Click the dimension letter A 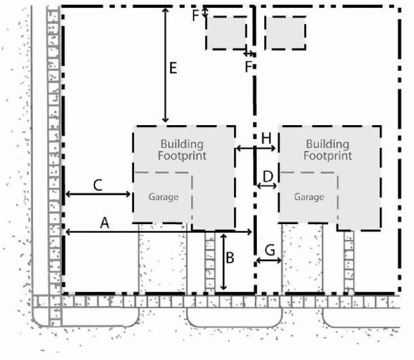click(x=105, y=223)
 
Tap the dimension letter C click(x=98, y=185)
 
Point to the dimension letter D click(x=268, y=177)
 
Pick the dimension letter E click(x=173, y=68)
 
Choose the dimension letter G click(x=270, y=250)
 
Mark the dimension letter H click(x=266, y=138)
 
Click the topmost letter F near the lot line click(x=196, y=15)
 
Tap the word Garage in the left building click(x=164, y=197)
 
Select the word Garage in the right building click(x=309, y=197)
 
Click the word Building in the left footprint click(x=182, y=145)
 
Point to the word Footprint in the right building click(x=328, y=156)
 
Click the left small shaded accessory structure click(x=226, y=33)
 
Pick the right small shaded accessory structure click(x=285, y=33)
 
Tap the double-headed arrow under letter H click(x=256, y=149)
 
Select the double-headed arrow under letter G click(x=269, y=261)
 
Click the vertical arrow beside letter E click(x=165, y=65)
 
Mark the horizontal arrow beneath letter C click(x=98, y=194)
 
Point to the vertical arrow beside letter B click(x=223, y=261)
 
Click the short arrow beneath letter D click(x=267, y=186)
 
